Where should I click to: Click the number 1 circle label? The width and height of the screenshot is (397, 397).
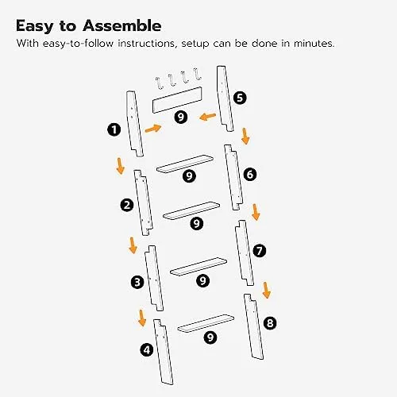pos(114,129)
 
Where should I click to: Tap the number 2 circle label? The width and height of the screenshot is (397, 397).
pos(127,205)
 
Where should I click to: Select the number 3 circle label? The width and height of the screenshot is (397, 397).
pos(137,282)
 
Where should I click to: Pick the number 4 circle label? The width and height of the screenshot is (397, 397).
pos(147,350)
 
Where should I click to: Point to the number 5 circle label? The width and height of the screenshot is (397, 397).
pos(240,98)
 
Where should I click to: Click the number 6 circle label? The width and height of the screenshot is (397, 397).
pos(250,175)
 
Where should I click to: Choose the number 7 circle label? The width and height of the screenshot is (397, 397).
pos(260,250)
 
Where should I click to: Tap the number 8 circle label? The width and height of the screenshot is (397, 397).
pos(270,323)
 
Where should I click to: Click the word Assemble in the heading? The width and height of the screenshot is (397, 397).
pos(122,26)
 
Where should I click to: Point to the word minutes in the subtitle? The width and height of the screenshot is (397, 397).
pos(314,43)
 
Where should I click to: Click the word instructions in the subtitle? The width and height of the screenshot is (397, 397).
pos(147,44)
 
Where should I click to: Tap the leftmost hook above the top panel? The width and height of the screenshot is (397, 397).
pos(159,83)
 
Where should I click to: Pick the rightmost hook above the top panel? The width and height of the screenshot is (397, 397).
pos(197,74)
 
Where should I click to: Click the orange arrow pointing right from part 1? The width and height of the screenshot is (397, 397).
pos(153,129)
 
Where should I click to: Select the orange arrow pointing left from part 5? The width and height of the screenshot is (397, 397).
pos(207,117)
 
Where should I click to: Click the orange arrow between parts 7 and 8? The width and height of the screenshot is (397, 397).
pos(266,291)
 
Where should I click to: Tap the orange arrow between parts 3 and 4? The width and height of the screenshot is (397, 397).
pos(142,318)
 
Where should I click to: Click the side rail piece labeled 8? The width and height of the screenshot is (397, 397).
pos(253,326)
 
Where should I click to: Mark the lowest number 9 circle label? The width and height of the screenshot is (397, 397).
pos(210,337)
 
